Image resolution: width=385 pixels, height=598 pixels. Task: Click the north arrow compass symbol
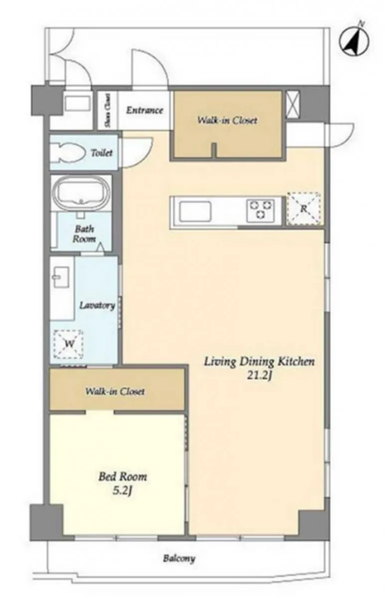pyautogui.click(x=354, y=42)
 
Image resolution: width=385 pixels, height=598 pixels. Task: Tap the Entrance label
pyautogui.click(x=144, y=110)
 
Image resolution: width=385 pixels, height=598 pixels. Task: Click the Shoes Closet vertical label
pyautogui.click(x=107, y=111)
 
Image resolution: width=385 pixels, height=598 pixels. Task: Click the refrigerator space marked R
pyautogui.click(x=304, y=208)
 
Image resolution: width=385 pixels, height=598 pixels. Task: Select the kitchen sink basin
pyautogui.click(x=195, y=211)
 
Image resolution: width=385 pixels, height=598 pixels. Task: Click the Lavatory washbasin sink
pyautogui.click(x=61, y=278)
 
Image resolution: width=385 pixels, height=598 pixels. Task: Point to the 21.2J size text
pyautogui.click(x=259, y=376)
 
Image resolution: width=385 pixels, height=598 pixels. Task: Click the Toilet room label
pyautogui.click(x=102, y=153)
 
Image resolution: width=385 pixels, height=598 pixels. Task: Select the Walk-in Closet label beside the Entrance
pyautogui.click(x=227, y=121)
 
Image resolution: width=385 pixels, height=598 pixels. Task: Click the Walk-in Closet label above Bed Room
pyautogui.click(x=115, y=391)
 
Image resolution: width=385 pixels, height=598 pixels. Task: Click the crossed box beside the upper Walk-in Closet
pyautogui.click(x=292, y=104)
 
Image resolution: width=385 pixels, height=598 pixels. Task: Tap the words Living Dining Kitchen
pyautogui.click(x=259, y=362)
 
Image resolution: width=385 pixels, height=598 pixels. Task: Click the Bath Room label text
pyautogui.click(x=84, y=234)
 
